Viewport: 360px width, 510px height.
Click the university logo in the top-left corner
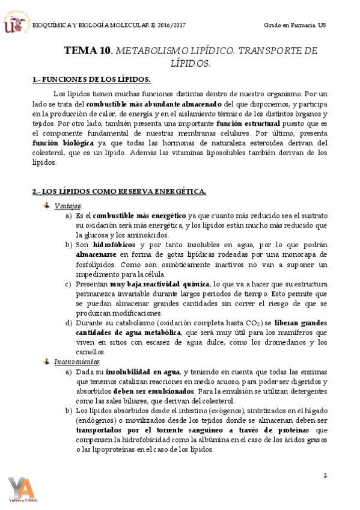(16, 24)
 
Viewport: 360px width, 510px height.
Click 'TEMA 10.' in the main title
(88, 51)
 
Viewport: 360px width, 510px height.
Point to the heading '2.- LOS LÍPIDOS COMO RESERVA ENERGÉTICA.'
(118, 191)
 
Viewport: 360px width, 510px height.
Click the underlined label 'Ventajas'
(67, 206)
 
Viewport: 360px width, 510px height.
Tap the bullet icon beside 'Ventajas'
(47, 206)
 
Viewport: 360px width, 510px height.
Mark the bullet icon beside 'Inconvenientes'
(47, 362)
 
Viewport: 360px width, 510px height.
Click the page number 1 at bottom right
(325, 475)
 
